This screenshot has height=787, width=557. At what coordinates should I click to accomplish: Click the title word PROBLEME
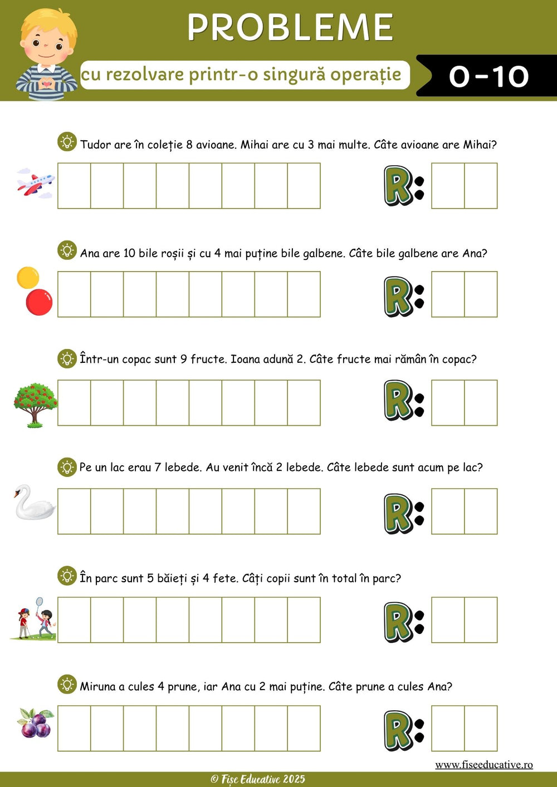click(x=290, y=27)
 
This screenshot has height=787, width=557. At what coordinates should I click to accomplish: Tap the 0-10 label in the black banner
click(x=488, y=76)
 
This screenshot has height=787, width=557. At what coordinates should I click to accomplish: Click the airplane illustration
click(x=36, y=184)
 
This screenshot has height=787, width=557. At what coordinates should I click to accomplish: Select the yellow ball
click(x=28, y=278)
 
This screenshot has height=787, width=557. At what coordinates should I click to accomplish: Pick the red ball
click(x=39, y=302)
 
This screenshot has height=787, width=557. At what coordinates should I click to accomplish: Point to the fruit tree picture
click(x=36, y=405)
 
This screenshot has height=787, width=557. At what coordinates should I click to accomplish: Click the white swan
click(x=34, y=502)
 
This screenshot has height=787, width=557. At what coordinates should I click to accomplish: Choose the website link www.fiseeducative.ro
click(x=484, y=765)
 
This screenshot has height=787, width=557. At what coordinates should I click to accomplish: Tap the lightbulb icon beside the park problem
click(x=67, y=576)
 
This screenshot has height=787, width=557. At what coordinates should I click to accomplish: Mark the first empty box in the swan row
click(x=74, y=511)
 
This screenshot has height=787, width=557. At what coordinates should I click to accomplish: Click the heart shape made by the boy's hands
click(x=46, y=83)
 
